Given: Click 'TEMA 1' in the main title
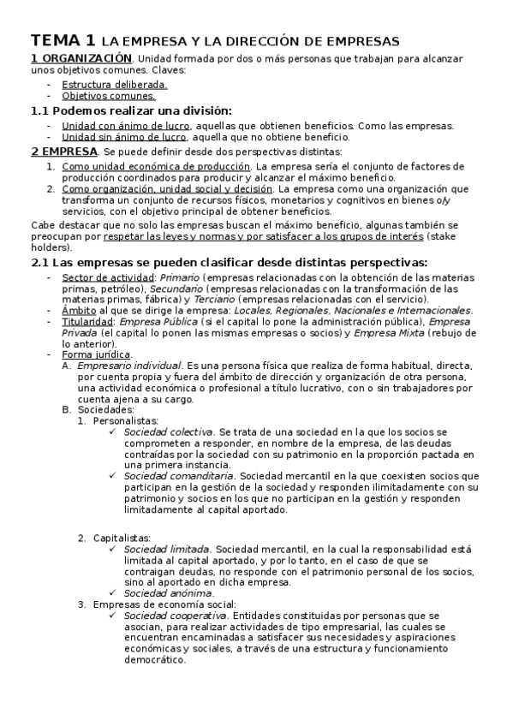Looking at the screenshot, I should [x=63, y=40].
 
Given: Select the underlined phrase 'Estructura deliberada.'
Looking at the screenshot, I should [x=115, y=85].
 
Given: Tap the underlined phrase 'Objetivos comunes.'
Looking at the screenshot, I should [x=109, y=96].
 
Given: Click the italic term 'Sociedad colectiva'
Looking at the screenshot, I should [x=168, y=432].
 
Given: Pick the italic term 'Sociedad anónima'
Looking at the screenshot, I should [x=168, y=593].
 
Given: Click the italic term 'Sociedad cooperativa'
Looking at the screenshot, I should [x=176, y=616].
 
